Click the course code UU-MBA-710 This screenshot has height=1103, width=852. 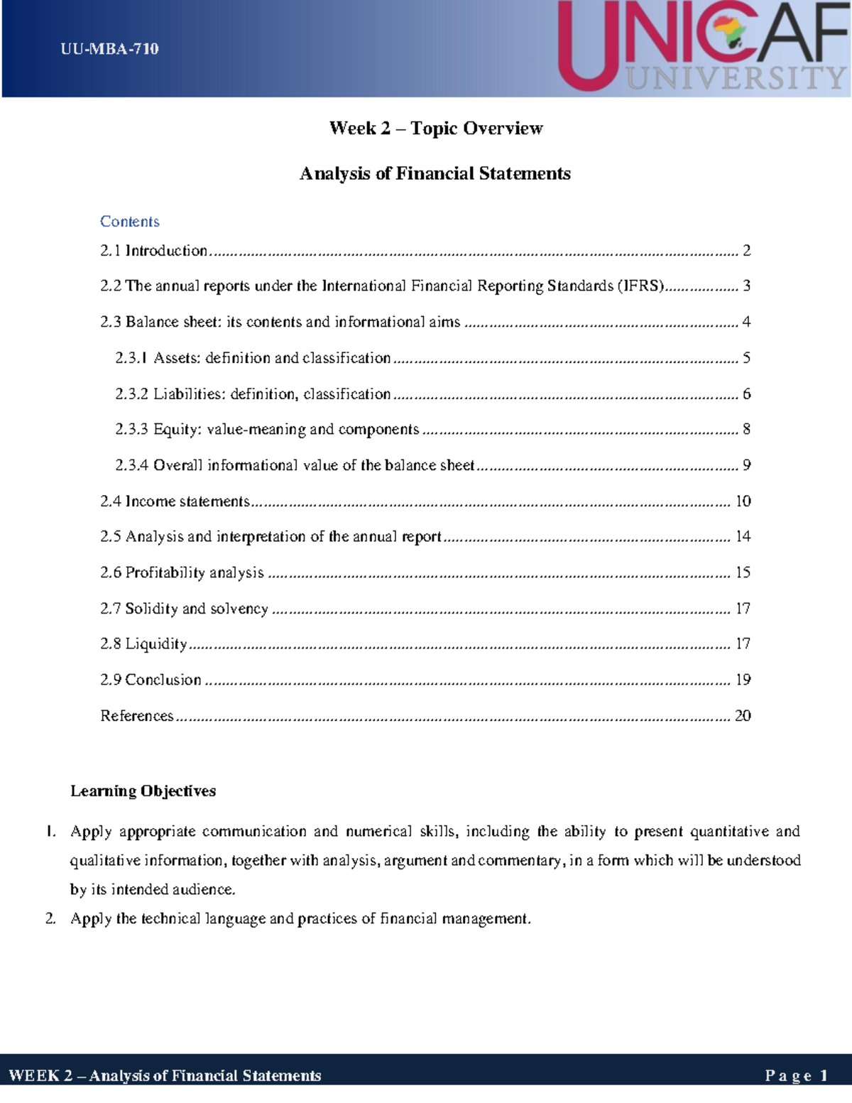109,49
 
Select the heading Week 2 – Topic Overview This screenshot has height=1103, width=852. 435,129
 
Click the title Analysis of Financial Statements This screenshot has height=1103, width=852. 435,174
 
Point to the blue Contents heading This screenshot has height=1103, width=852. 129,222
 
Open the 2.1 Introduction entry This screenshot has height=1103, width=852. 154,251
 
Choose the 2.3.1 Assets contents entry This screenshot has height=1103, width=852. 253,358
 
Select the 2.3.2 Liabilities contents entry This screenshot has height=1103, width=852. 253,394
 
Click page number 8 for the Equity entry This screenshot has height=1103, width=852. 746,429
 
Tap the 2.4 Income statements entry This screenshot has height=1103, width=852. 175,501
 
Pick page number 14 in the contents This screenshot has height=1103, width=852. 743,537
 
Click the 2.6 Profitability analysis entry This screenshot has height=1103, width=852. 182,573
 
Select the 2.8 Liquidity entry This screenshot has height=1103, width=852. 143,644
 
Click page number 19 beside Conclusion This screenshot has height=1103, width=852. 743,680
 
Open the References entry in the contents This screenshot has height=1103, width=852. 136,716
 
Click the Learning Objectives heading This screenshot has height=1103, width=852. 143,791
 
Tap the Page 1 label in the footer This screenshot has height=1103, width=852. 796,1076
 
